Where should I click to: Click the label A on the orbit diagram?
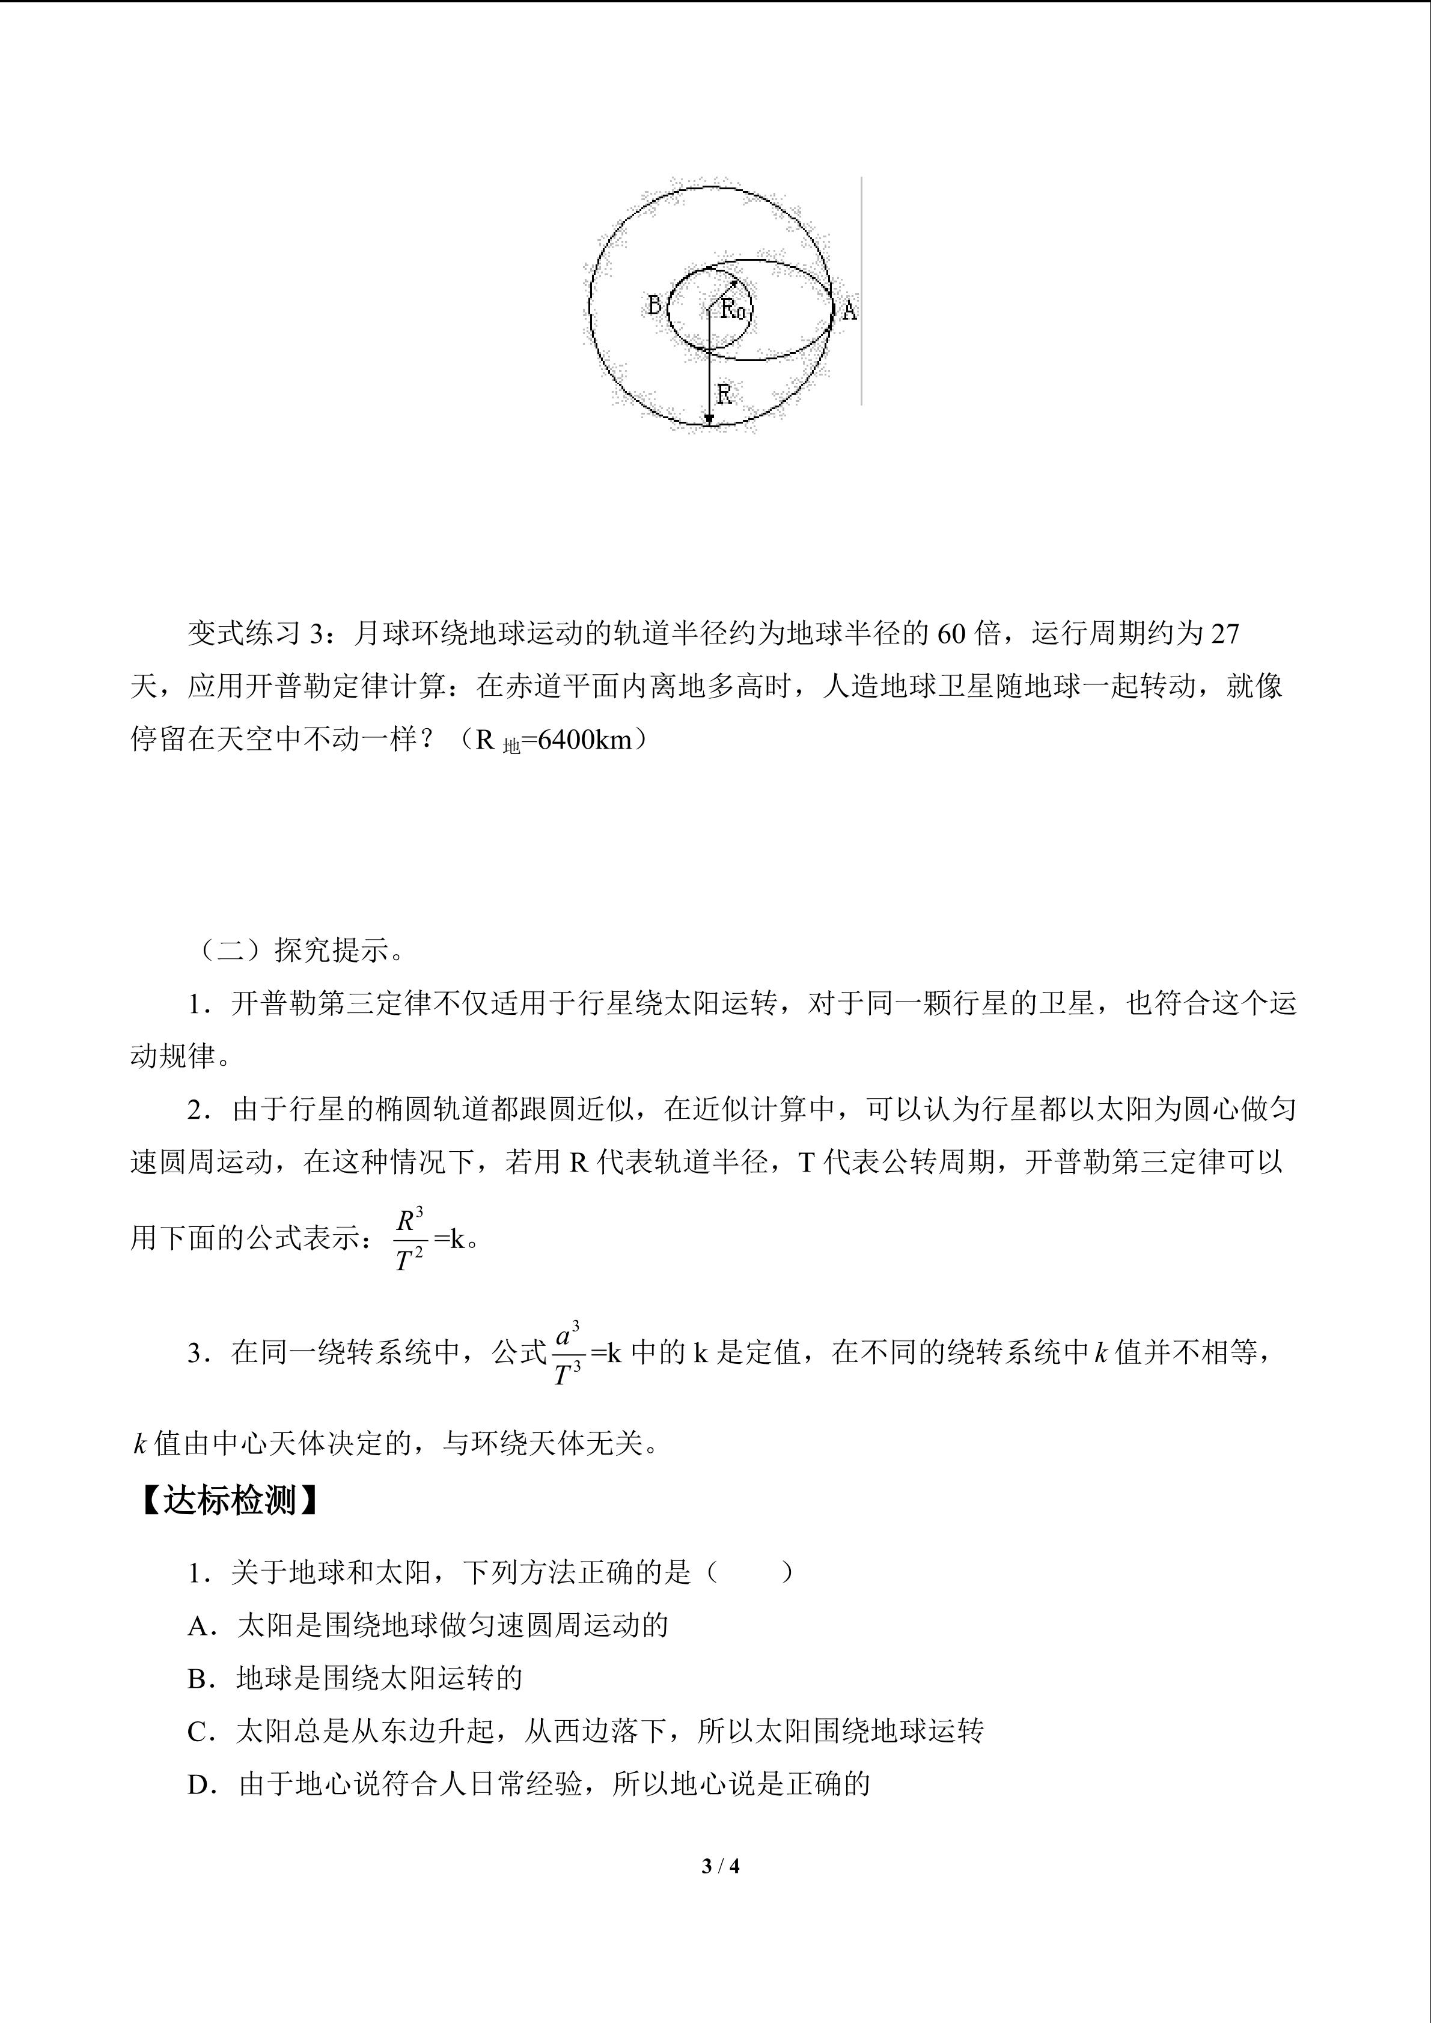click(849, 310)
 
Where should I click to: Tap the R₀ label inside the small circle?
click(734, 309)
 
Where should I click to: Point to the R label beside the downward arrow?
click(724, 394)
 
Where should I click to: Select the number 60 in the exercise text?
click(951, 633)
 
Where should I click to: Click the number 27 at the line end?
click(1225, 633)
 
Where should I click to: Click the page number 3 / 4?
click(720, 1866)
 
